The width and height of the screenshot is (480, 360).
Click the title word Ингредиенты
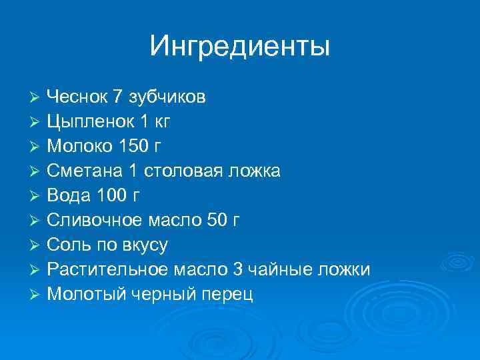[240, 46]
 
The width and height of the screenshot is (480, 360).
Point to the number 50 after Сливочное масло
[218, 221]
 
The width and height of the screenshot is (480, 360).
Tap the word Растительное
[108, 270]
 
